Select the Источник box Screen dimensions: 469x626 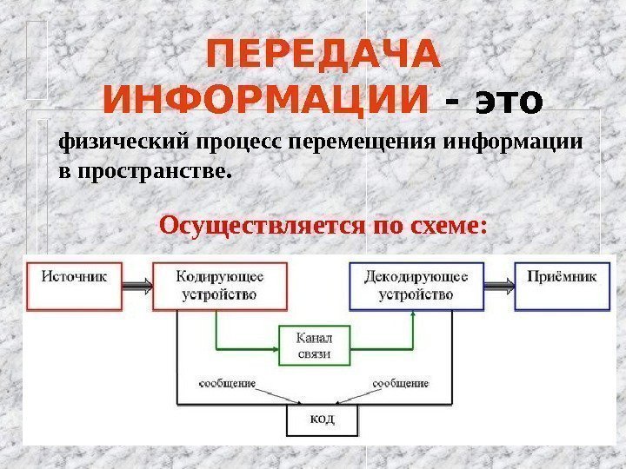point(75,286)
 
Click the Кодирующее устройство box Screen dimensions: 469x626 point(220,286)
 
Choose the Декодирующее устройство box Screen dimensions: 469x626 point(415,286)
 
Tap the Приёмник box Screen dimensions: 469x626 point(562,286)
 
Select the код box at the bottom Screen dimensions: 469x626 point(321,420)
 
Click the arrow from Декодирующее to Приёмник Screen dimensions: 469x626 point(496,281)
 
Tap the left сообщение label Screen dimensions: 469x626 point(226,382)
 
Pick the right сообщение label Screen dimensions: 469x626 point(401,382)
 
